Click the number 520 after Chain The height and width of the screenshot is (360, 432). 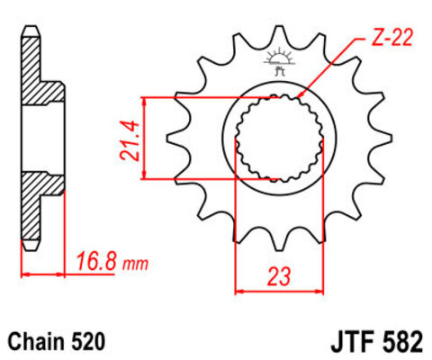(89, 342)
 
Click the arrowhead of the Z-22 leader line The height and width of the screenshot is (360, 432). (298, 94)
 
